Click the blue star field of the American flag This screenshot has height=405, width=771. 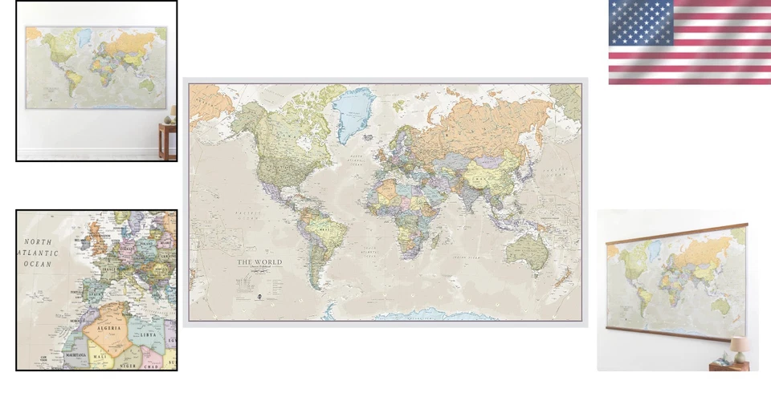tap(640, 22)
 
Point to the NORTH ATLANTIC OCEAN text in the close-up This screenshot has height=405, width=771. tap(37, 252)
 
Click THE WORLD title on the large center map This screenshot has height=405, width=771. tap(255, 262)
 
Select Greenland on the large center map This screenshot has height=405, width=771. tap(354, 112)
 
